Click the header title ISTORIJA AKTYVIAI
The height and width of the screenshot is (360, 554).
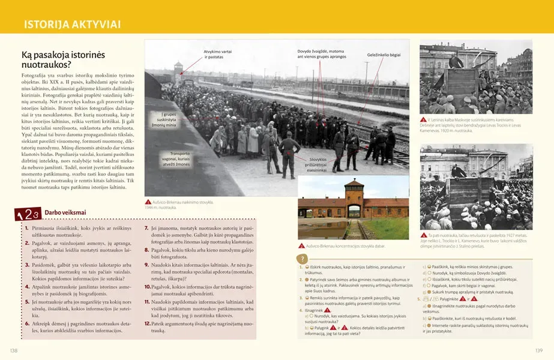tap(71, 25)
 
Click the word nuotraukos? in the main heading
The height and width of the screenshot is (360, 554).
tap(46, 64)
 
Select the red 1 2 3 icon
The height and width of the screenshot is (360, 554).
tap(28, 214)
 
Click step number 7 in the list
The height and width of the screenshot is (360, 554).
tap(147, 229)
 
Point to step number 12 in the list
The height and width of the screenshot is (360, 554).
tap(148, 323)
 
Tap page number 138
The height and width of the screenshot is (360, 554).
tap(14, 350)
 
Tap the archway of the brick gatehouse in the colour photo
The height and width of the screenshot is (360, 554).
tap(354, 212)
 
